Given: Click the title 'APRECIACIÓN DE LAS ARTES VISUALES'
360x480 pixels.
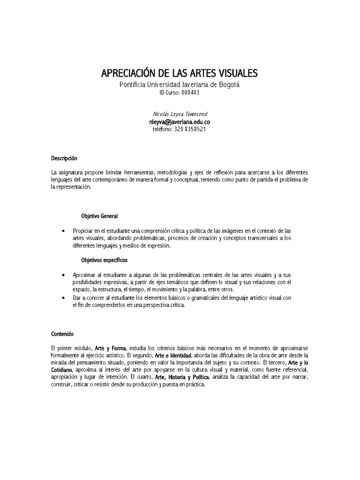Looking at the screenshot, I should click(x=180, y=74).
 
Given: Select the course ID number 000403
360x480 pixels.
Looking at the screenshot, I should click(x=190, y=93).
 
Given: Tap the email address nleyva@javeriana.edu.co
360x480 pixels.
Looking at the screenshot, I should click(x=180, y=121).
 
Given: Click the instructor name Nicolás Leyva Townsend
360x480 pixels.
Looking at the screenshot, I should click(x=180, y=114).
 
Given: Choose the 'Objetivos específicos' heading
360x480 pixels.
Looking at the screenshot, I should click(x=105, y=259).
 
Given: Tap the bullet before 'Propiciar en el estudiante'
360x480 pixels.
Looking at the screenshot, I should click(x=63, y=232).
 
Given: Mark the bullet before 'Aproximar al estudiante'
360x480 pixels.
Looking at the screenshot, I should click(x=63, y=275).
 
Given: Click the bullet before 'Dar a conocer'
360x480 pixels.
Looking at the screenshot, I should click(x=63, y=298).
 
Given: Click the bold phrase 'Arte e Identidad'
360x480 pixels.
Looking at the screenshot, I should click(x=173, y=356).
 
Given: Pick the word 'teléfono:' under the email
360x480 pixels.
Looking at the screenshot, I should click(x=163, y=129).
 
